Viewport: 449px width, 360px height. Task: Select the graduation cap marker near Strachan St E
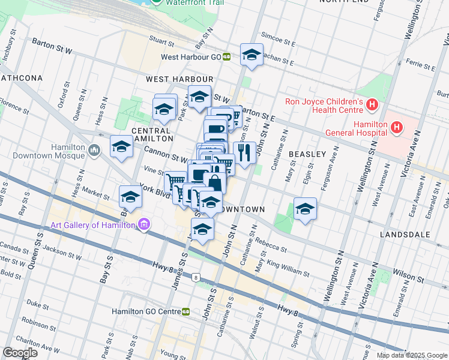pyautogui.click(x=252, y=55)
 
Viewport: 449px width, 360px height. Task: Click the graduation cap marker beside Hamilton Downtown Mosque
pyautogui.click(x=121, y=146)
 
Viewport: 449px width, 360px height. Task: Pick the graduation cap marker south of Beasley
pyautogui.click(x=305, y=209)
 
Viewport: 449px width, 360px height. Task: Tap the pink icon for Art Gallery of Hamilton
pyautogui.click(x=143, y=225)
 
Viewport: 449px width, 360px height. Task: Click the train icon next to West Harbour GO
pyautogui.click(x=226, y=57)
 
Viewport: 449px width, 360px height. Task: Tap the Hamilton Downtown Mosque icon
pyautogui.click(x=94, y=149)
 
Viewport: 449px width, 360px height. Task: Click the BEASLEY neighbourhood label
pyautogui.click(x=307, y=154)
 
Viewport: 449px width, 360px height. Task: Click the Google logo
pyautogui.click(x=20, y=353)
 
